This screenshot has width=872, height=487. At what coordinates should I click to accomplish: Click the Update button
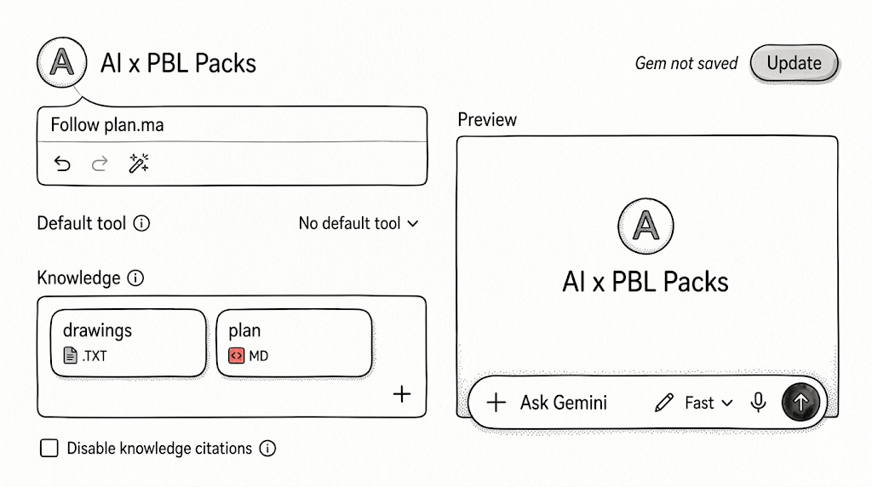tap(794, 63)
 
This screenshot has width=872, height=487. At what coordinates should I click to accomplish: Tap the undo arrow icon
tap(62, 163)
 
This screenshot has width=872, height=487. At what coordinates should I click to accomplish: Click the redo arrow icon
tap(100, 163)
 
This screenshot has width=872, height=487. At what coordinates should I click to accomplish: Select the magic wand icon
tap(139, 163)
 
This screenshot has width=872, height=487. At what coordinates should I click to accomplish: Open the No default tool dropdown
tap(359, 223)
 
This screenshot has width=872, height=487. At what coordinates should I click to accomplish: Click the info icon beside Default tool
tap(142, 223)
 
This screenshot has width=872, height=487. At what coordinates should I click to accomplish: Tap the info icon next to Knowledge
tap(135, 278)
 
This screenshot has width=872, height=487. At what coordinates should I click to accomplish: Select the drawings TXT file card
tap(129, 343)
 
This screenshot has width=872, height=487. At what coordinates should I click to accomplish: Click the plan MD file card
tap(294, 343)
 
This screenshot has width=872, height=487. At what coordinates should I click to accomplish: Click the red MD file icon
tap(237, 355)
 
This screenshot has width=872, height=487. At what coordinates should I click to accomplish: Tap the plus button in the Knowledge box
tap(402, 394)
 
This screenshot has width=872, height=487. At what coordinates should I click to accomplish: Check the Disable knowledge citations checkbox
tap(49, 448)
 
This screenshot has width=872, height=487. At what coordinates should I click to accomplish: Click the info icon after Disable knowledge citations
tap(267, 448)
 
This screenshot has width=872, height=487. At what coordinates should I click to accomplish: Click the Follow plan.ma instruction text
tap(107, 124)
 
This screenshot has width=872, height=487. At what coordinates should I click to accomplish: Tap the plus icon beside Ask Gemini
tap(496, 402)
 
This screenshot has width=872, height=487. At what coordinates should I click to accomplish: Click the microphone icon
tap(758, 402)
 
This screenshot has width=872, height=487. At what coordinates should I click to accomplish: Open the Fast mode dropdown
tap(708, 403)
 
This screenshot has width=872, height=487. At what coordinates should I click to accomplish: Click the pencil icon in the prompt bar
tap(664, 403)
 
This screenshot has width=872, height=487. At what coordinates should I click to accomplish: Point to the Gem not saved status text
tap(686, 63)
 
